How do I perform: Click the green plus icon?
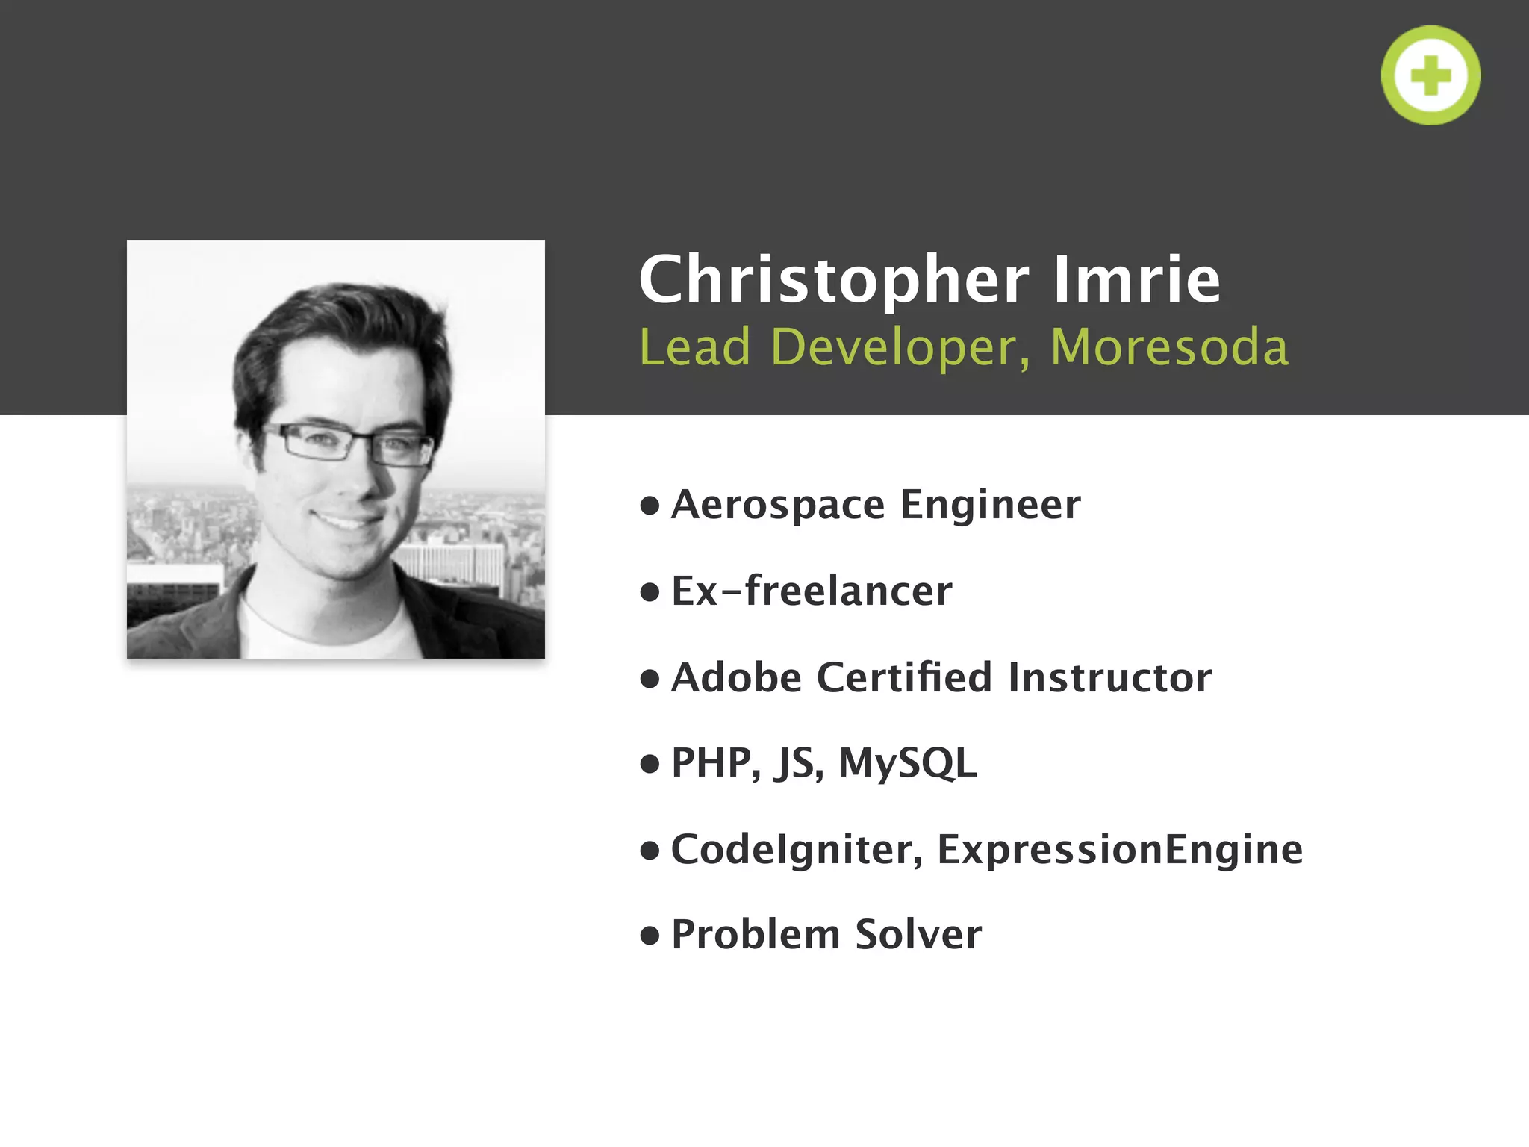tap(1430, 75)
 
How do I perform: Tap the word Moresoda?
tap(1169, 347)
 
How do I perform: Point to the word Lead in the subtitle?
tap(694, 347)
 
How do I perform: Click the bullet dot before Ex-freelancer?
tap(650, 592)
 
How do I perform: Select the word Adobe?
tap(736, 677)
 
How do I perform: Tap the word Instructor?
tap(1109, 677)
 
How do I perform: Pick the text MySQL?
tap(908, 764)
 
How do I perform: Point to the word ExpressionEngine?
tap(1120, 850)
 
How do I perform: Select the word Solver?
tap(918, 935)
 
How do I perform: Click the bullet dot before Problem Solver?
tap(650, 936)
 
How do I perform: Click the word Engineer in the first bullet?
tap(990, 505)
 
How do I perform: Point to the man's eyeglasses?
tap(347, 445)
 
